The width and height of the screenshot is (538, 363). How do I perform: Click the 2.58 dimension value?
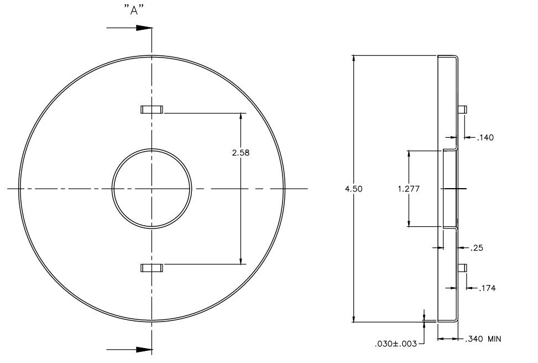(x=241, y=153)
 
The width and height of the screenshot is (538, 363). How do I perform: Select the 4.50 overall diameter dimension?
(x=353, y=189)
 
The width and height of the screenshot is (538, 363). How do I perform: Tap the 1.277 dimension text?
(x=409, y=189)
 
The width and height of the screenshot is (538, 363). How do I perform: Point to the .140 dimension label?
(x=485, y=138)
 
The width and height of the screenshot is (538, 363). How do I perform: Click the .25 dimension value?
(x=477, y=247)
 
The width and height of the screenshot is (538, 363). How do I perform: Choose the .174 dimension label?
(x=487, y=288)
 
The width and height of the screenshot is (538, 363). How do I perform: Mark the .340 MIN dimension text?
(x=483, y=339)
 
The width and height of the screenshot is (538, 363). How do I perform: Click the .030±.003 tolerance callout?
(x=396, y=344)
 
